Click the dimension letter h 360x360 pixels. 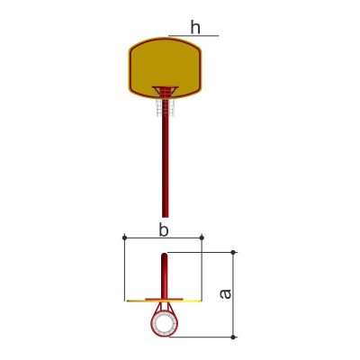pyautogui.click(x=195, y=27)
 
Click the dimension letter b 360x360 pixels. pyautogui.click(x=164, y=230)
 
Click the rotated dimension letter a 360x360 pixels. pyautogui.click(x=225, y=294)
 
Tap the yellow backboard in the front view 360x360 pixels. pyautogui.click(x=166, y=68)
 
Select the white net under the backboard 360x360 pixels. pyautogui.click(x=166, y=106)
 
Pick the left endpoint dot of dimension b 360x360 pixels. pyautogui.click(x=125, y=238)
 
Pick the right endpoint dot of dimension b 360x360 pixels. pyautogui.click(x=202, y=238)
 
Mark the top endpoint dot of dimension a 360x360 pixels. pyautogui.click(x=233, y=253)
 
